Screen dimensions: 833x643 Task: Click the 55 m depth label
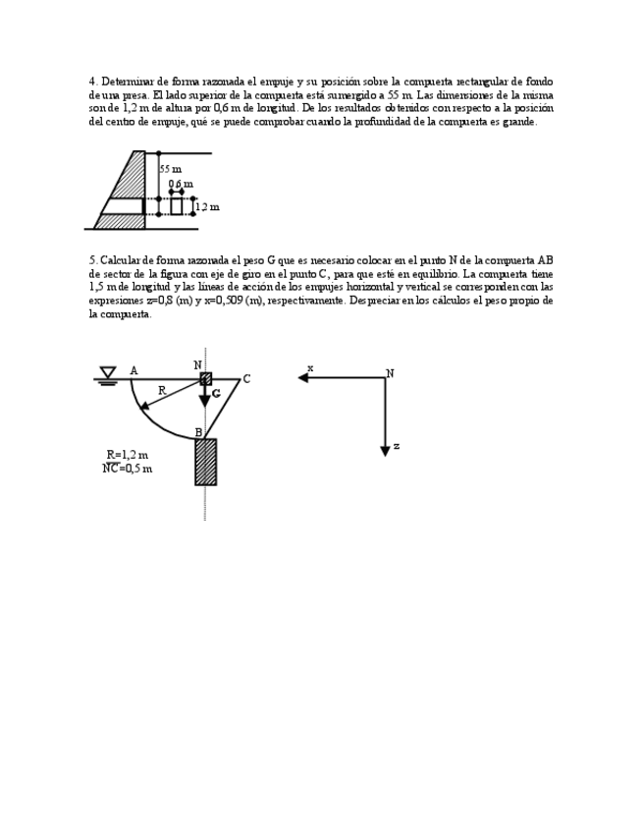coord(171,169)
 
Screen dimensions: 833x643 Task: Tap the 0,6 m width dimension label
coord(181,184)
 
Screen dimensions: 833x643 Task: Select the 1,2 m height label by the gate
coord(207,206)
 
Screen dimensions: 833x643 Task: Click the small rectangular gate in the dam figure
coord(177,205)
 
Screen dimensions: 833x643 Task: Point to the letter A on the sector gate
coord(134,370)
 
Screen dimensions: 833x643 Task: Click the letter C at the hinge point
coord(246,379)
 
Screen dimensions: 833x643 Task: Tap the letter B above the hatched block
coord(198,432)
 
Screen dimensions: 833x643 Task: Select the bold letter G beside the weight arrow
coord(216,393)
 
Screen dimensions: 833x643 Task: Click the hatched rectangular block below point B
coord(205,462)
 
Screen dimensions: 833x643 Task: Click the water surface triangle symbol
coord(108,372)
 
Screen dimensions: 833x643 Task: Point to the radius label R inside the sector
coord(162,390)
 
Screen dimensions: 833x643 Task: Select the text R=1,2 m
coord(128,455)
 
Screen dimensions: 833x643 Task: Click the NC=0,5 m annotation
coord(128,469)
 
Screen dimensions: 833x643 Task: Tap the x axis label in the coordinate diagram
coord(310,368)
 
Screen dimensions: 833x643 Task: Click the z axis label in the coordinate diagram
coord(396,446)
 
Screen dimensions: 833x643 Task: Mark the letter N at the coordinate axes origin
coord(390,373)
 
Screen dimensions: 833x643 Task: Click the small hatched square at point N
coord(205,378)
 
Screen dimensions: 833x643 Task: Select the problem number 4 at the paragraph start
coord(91,82)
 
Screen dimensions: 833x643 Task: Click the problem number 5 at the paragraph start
coord(91,260)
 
